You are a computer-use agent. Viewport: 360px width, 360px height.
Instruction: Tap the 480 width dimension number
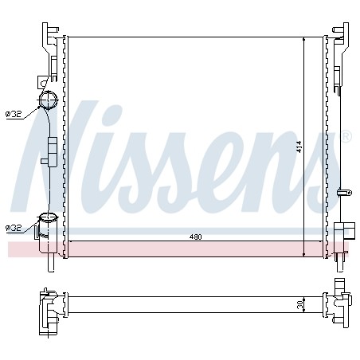196,237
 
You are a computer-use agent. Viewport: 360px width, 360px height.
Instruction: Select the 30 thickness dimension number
300,304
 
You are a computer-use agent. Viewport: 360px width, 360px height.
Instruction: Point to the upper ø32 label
14,115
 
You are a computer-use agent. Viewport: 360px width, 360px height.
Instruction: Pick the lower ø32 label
14,228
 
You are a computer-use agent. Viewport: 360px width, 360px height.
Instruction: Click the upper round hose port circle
49,100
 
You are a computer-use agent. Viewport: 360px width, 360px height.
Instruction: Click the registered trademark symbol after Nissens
346,137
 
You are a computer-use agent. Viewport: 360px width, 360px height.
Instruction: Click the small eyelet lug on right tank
345,193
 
